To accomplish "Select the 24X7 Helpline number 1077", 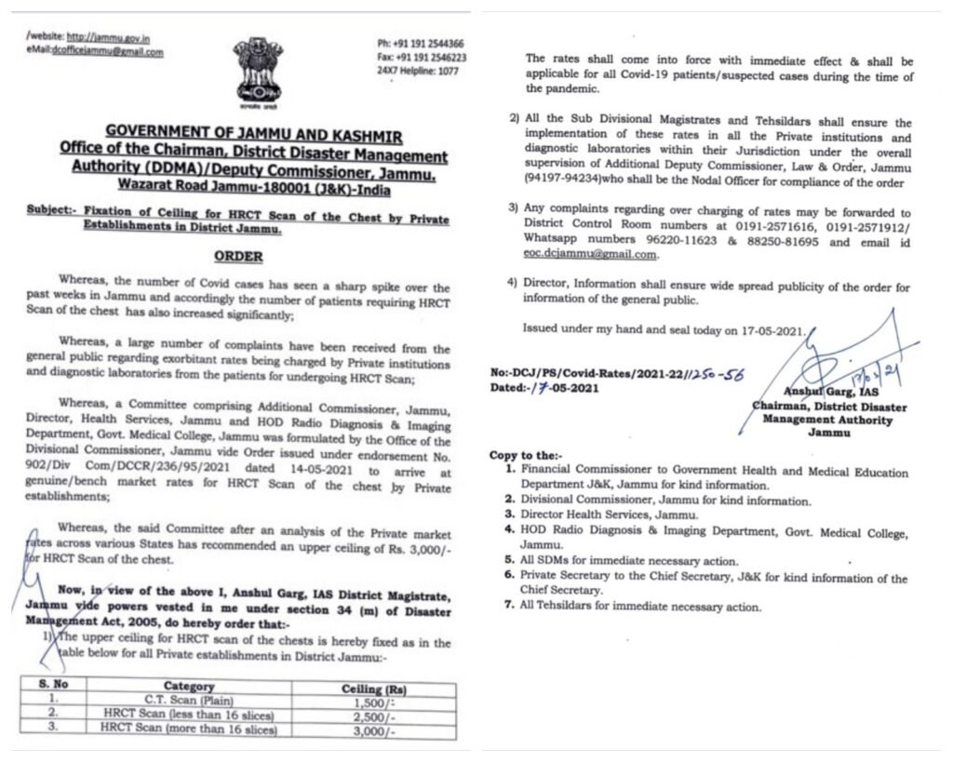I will (x=417, y=72).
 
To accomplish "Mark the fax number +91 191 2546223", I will (x=422, y=58).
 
